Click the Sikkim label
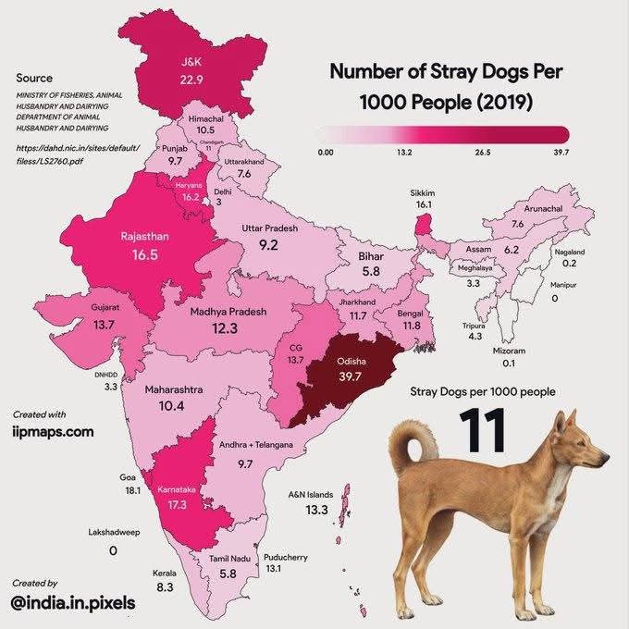424,191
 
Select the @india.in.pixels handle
73,603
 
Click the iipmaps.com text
54,431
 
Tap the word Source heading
34,79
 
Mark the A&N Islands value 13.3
318,510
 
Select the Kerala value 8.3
165,587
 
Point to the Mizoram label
510,351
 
